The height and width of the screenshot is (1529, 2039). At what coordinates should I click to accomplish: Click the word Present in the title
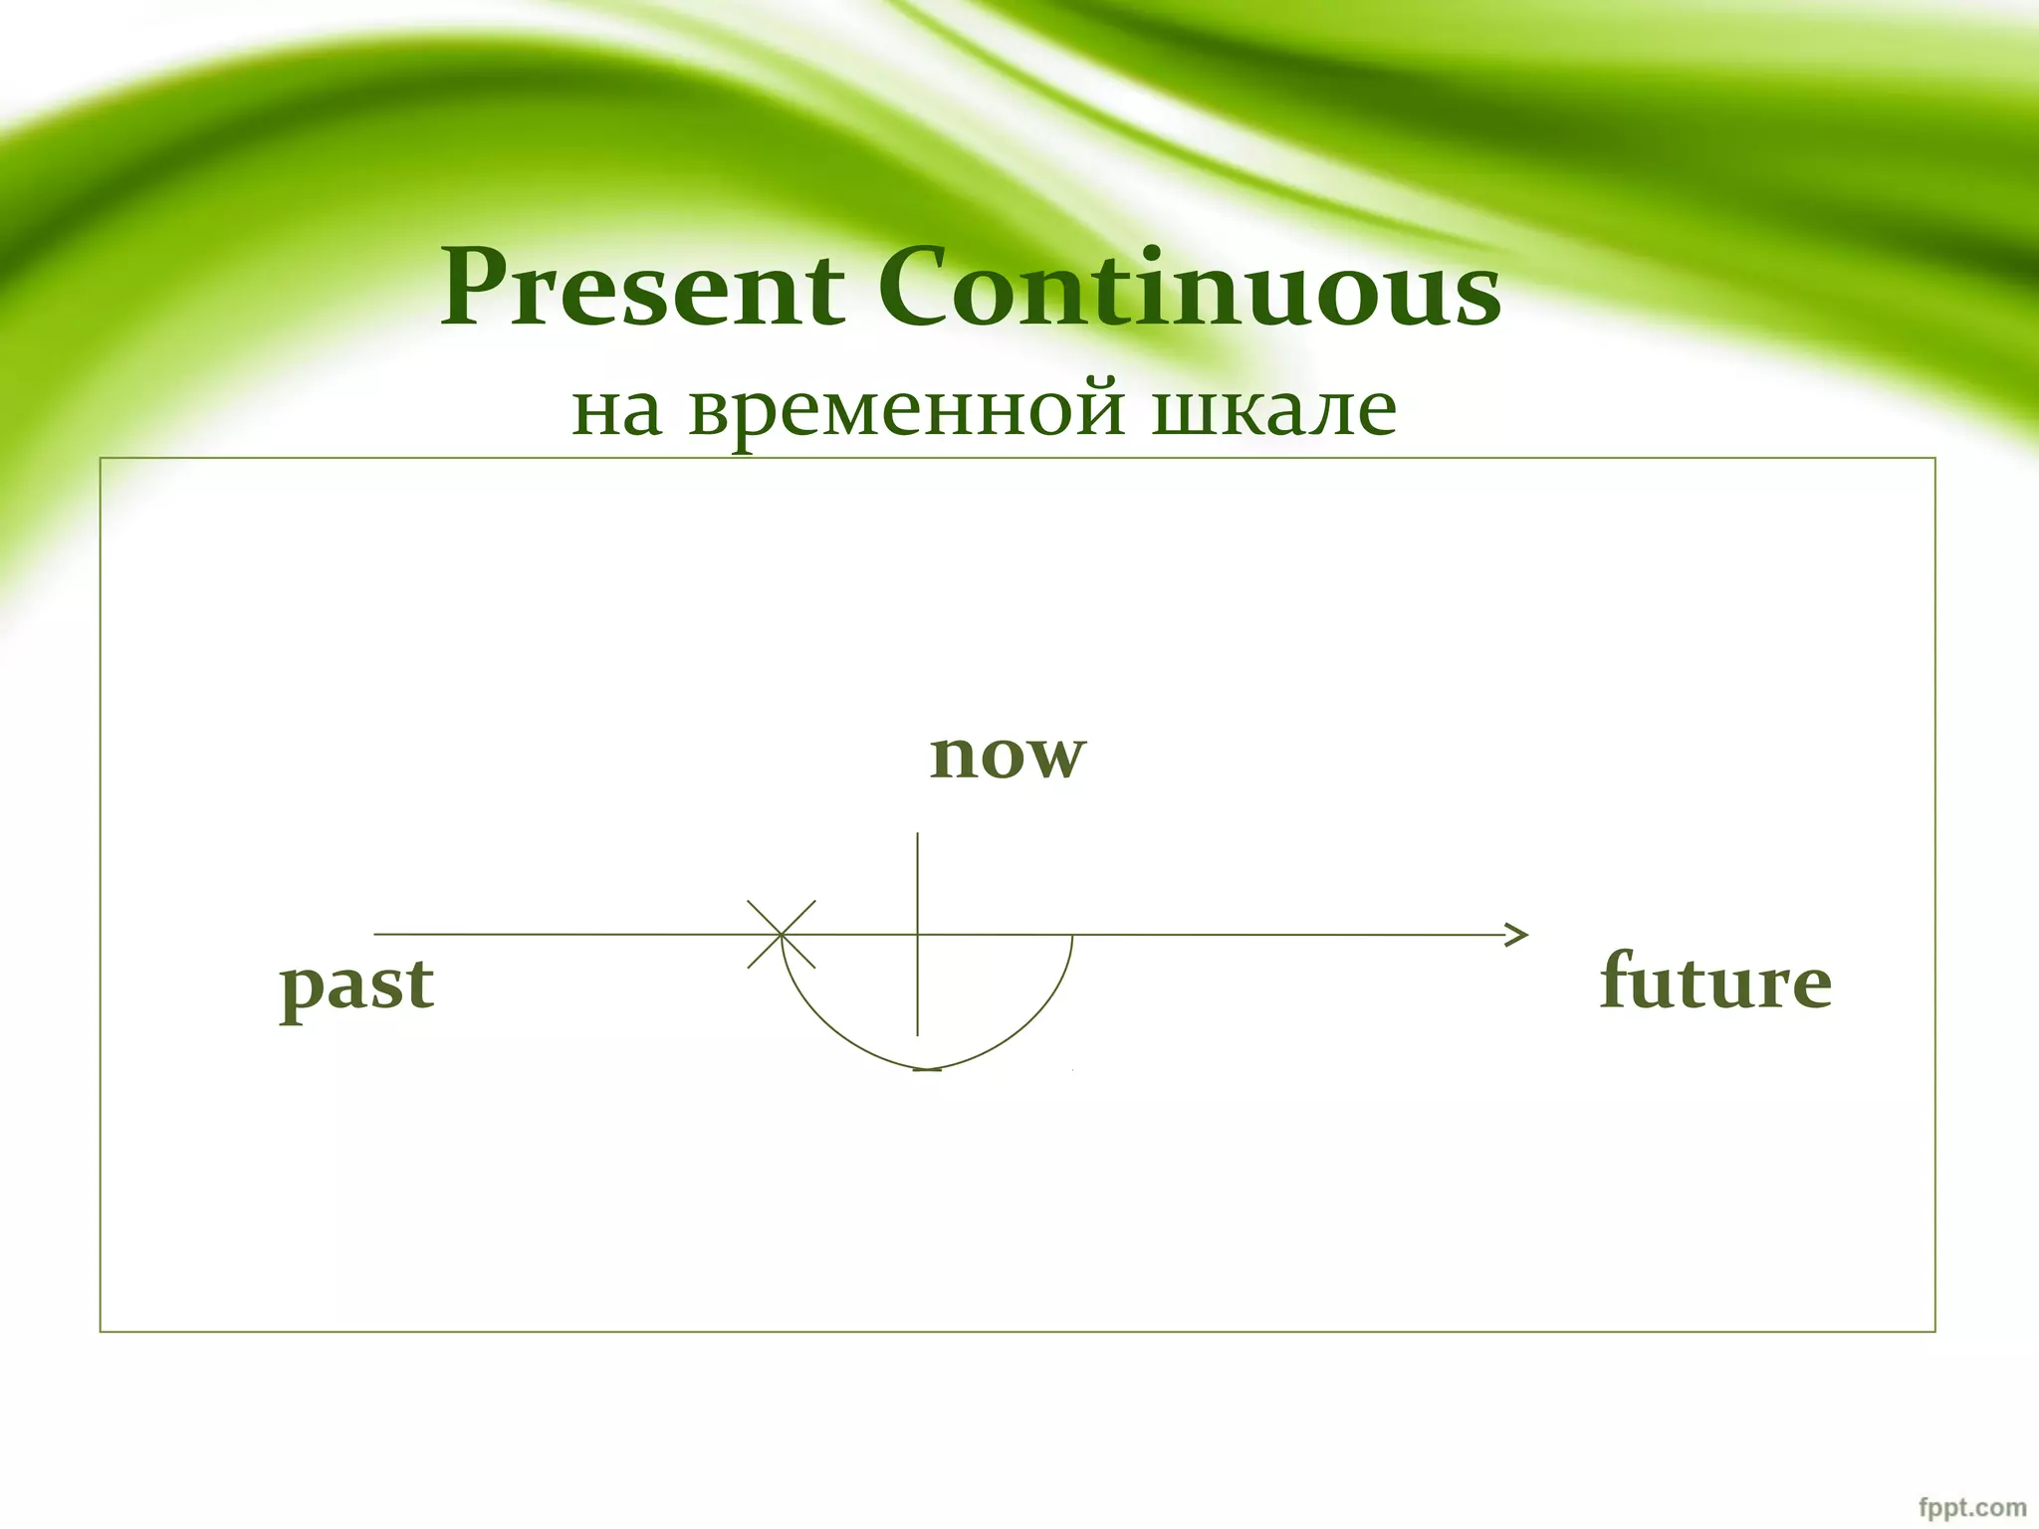[x=642, y=289]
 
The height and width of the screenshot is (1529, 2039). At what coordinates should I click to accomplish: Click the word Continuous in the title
[x=1189, y=289]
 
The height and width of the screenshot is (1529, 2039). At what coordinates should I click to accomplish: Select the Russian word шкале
[x=1273, y=407]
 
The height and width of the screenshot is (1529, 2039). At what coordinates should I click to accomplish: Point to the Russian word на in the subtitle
[x=616, y=409]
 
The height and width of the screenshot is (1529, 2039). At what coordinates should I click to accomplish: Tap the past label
[x=356, y=985]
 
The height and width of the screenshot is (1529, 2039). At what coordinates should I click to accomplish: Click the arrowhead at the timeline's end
[x=1520, y=935]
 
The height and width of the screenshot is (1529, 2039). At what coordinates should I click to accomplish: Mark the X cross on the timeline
[x=782, y=934]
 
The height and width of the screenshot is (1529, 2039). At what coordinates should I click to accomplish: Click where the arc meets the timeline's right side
[x=1072, y=936]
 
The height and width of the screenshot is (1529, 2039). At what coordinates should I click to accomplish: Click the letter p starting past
[x=300, y=989]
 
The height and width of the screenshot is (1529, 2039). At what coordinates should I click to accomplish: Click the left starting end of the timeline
[x=376, y=934]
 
